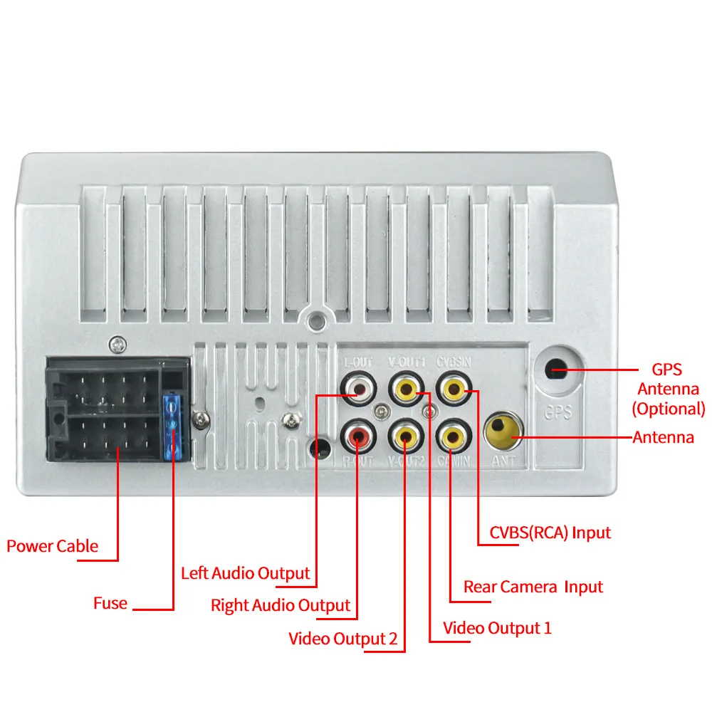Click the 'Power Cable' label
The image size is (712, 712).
pos(52,546)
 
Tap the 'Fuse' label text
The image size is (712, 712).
pos(110,604)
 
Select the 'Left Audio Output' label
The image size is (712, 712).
pos(245,573)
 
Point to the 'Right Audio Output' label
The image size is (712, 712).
pos(281,605)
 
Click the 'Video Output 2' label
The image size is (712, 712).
pos(342,638)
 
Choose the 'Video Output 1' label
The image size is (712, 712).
pos(497,628)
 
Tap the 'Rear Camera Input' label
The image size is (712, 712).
pos(533,587)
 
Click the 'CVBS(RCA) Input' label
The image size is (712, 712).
pos(550,532)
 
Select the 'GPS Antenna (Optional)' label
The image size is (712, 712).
pos(668,389)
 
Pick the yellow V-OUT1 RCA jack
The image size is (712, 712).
pos(405,389)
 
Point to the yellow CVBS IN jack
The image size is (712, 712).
pos(453,389)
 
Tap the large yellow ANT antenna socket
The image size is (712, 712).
pos(502,432)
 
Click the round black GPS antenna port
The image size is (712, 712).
pos(557,370)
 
